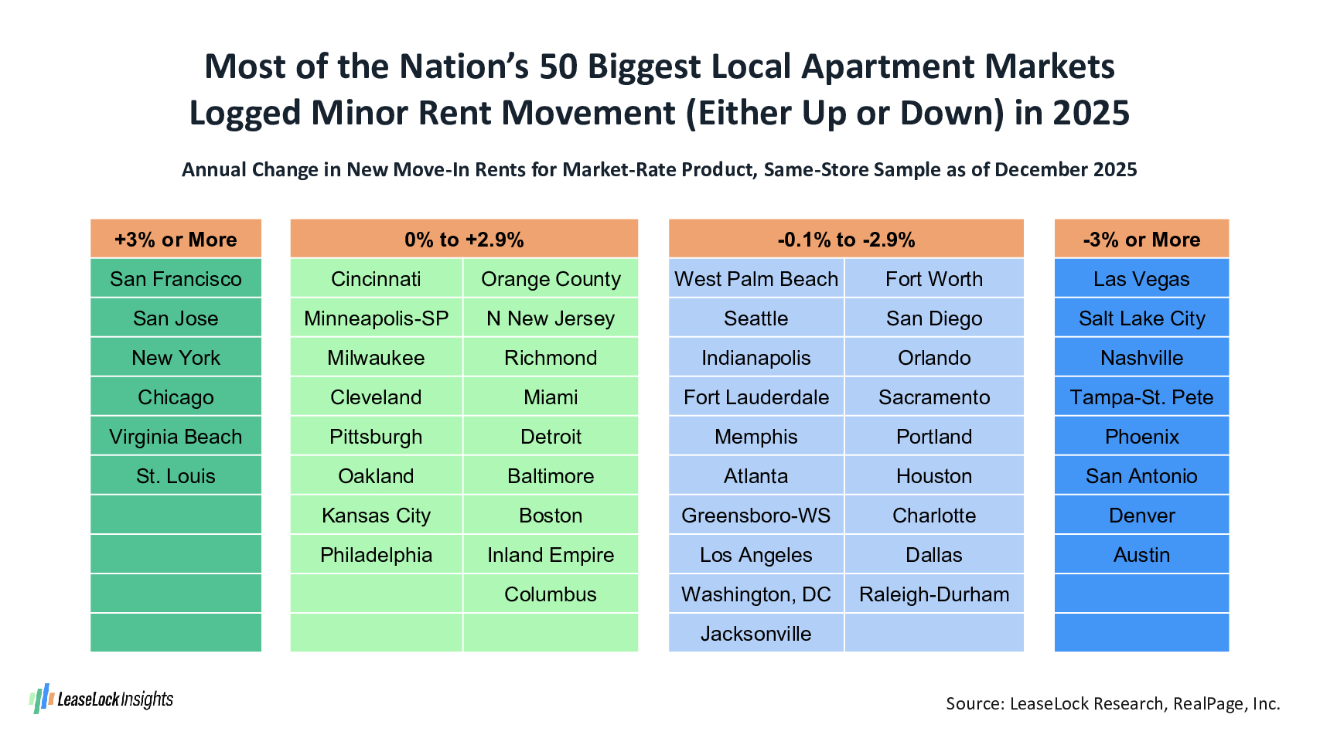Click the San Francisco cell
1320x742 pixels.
click(176, 279)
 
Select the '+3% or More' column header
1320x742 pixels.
click(176, 240)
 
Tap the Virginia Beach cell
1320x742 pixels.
click(176, 437)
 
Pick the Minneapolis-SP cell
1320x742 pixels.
click(376, 318)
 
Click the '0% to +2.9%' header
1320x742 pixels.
click(464, 240)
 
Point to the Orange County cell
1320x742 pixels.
click(551, 279)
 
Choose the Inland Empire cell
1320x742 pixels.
click(551, 555)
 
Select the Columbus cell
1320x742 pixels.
click(551, 594)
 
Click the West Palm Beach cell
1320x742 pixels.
click(756, 279)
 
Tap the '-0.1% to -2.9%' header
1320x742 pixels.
click(846, 240)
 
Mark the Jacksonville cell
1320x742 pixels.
click(756, 634)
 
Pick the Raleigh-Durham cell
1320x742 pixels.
click(934, 594)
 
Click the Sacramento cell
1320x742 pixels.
click(934, 397)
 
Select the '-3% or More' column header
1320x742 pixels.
click(1141, 240)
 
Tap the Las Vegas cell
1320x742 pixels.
click(1141, 279)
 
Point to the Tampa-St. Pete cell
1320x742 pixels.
click(1141, 397)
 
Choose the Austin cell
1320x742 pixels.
click(1141, 555)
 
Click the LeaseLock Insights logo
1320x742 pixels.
click(101, 699)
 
